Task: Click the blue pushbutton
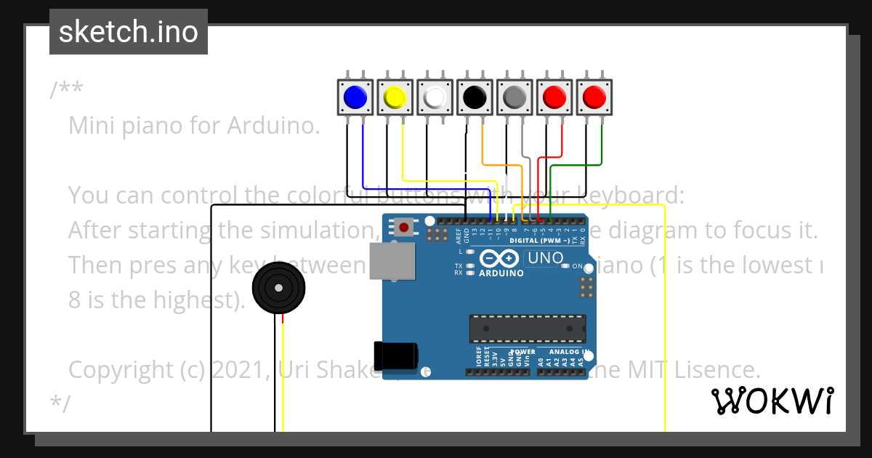pyautogui.click(x=355, y=97)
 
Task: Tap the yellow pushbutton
pyautogui.click(x=395, y=97)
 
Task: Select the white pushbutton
pyautogui.click(x=435, y=97)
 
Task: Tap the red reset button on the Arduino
pyautogui.click(x=403, y=228)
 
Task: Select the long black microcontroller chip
pyautogui.click(x=527, y=328)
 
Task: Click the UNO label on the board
pyautogui.click(x=545, y=257)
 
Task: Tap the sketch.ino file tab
pyautogui.click(x=129, y=32)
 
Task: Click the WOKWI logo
pyautogui.click(x=772, y=401)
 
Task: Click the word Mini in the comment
pyautogui.click(x=91, y=126)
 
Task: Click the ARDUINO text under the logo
pyautogui.click(x=501, y=273)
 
